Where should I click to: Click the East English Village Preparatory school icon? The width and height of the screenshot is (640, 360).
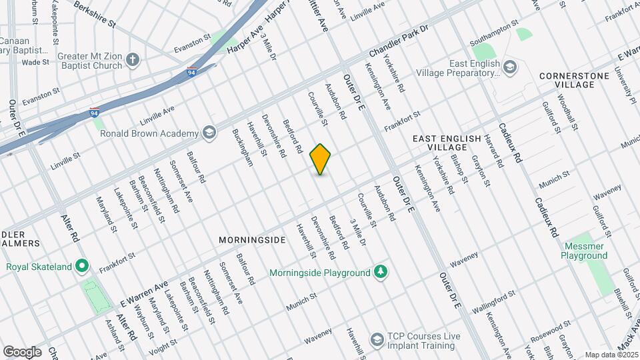(510, 67)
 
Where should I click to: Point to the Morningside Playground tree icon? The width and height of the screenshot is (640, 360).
(380, 272)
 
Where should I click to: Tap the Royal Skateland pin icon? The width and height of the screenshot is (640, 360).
(82, 267)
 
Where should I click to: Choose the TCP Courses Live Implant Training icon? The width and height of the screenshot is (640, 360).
(377, 341)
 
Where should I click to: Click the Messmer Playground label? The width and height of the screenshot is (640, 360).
(584, 251)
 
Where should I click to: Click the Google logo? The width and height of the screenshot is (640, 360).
(22, 351)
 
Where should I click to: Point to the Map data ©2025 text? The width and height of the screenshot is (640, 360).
(611, 355)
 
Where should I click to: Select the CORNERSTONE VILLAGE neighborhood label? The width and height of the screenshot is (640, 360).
(574, 80)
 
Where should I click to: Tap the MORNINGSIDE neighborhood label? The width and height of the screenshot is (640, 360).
(252, 239)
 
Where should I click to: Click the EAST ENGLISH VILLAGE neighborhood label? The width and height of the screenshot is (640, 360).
(446, 142)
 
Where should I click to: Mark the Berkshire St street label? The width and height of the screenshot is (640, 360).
(95, 14)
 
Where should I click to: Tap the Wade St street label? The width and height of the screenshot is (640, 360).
(31, 62)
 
